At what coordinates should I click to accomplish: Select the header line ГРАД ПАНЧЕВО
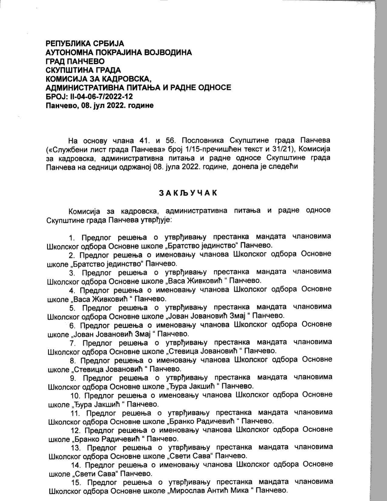point(75,61)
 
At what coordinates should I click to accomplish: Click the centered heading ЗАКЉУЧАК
point(188,193)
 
